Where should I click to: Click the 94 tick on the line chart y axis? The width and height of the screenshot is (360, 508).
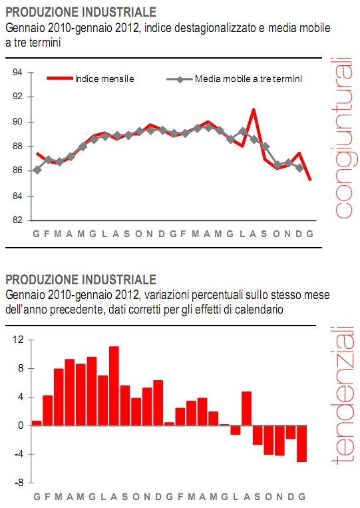click(x=18, y=73)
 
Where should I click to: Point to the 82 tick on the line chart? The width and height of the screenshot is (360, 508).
click(x=18, y=220)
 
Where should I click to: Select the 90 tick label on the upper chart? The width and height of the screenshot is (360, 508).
click(x=18, y=122)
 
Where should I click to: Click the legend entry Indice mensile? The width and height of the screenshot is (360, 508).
click(x=104, y=79)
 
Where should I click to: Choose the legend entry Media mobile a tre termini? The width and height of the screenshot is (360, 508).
click(x=248, y=79)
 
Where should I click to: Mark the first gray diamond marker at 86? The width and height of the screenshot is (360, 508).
click(x=37, y=170)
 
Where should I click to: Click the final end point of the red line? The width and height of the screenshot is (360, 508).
click(x=310, y=180)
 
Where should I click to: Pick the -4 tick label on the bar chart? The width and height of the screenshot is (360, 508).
click(x=19, y=454)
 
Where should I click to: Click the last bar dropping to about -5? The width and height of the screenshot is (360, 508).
click(x=301, y=443)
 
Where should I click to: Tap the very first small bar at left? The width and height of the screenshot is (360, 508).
click(x=37, y=423)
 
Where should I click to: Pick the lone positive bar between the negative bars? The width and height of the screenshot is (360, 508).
click(x=246, y=408)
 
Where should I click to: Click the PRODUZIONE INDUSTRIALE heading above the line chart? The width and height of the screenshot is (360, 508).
click(x=81, y=12)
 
